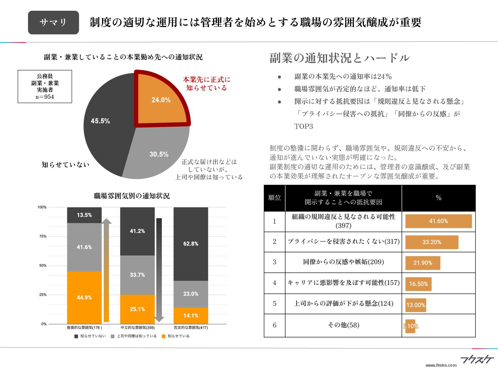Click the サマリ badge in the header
(x=53, y=23)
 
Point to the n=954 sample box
(x=45, y=87)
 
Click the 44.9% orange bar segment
(x=84, y=297)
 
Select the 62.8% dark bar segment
(x=191, y=244)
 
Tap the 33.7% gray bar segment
(x=137, y=275)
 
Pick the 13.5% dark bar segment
(x=84, y=215)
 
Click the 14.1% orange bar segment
(x=191, y=315)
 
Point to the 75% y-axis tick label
(x=43, y=237)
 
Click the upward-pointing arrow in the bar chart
(x=106, y=270)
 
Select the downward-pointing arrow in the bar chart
(x=159, y=270)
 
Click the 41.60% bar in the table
(x=438, y=221)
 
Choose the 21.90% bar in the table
(x=423, y=263)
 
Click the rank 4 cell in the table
(x=275, y=283)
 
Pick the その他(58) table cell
(x=343, y=325)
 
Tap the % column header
(x=439, y=198)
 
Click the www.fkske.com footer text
(x=441, y=365)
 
